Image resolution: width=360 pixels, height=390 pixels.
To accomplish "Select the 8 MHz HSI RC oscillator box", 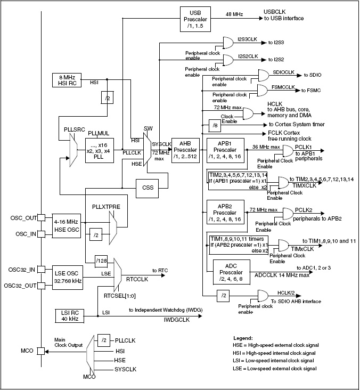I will coord(67,80).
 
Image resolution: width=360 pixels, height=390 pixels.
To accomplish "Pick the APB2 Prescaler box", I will coord(222,212).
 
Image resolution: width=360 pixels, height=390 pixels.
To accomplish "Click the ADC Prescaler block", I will coord(231,272).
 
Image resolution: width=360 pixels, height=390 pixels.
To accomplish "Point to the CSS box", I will coord(147,188).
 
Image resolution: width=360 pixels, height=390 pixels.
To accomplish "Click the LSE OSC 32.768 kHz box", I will coord(67,277).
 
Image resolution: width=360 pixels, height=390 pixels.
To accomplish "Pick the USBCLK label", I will coord(276,11).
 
